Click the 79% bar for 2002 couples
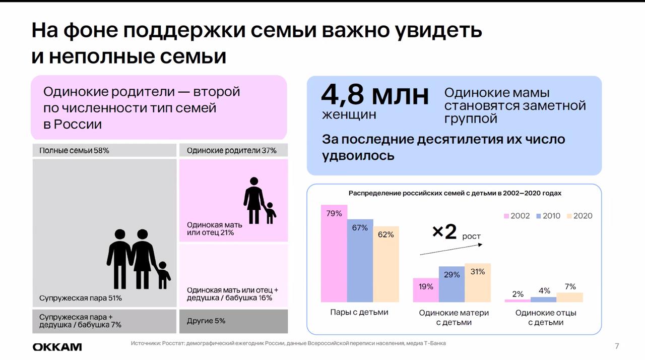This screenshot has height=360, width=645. (x=334, y=254)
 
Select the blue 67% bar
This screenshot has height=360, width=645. (x=360, y=261)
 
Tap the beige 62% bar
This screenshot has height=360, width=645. (x=386, y=264)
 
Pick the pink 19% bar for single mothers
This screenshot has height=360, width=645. (x=426, y=290)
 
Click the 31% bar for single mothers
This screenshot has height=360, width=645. (x=478, y=283)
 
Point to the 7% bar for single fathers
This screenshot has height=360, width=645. (x=569, y=297)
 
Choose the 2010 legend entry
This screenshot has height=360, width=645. (x=548, y=216)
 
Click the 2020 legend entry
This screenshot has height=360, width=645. (x=579, y=216)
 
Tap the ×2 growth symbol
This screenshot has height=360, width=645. (x=444, y=232)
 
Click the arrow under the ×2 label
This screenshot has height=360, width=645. (x=451, y=250)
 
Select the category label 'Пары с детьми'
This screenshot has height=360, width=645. (x=359, y=312)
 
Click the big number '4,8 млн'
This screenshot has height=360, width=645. (x=375, y=95)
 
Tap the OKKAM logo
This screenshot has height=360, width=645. (x=57, y=347)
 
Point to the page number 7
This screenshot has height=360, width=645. (x=617, y=346)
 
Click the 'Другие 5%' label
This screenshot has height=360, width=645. (x=206, y=321)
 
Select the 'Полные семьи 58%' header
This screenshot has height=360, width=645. (x=74, y=150)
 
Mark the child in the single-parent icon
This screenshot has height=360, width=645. (x=270, y=213)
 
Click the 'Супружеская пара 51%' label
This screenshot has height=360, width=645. (x=80, y=298)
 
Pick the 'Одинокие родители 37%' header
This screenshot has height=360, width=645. (x=231, y=150)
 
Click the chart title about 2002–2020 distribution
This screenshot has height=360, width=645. (x=455, y=193)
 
